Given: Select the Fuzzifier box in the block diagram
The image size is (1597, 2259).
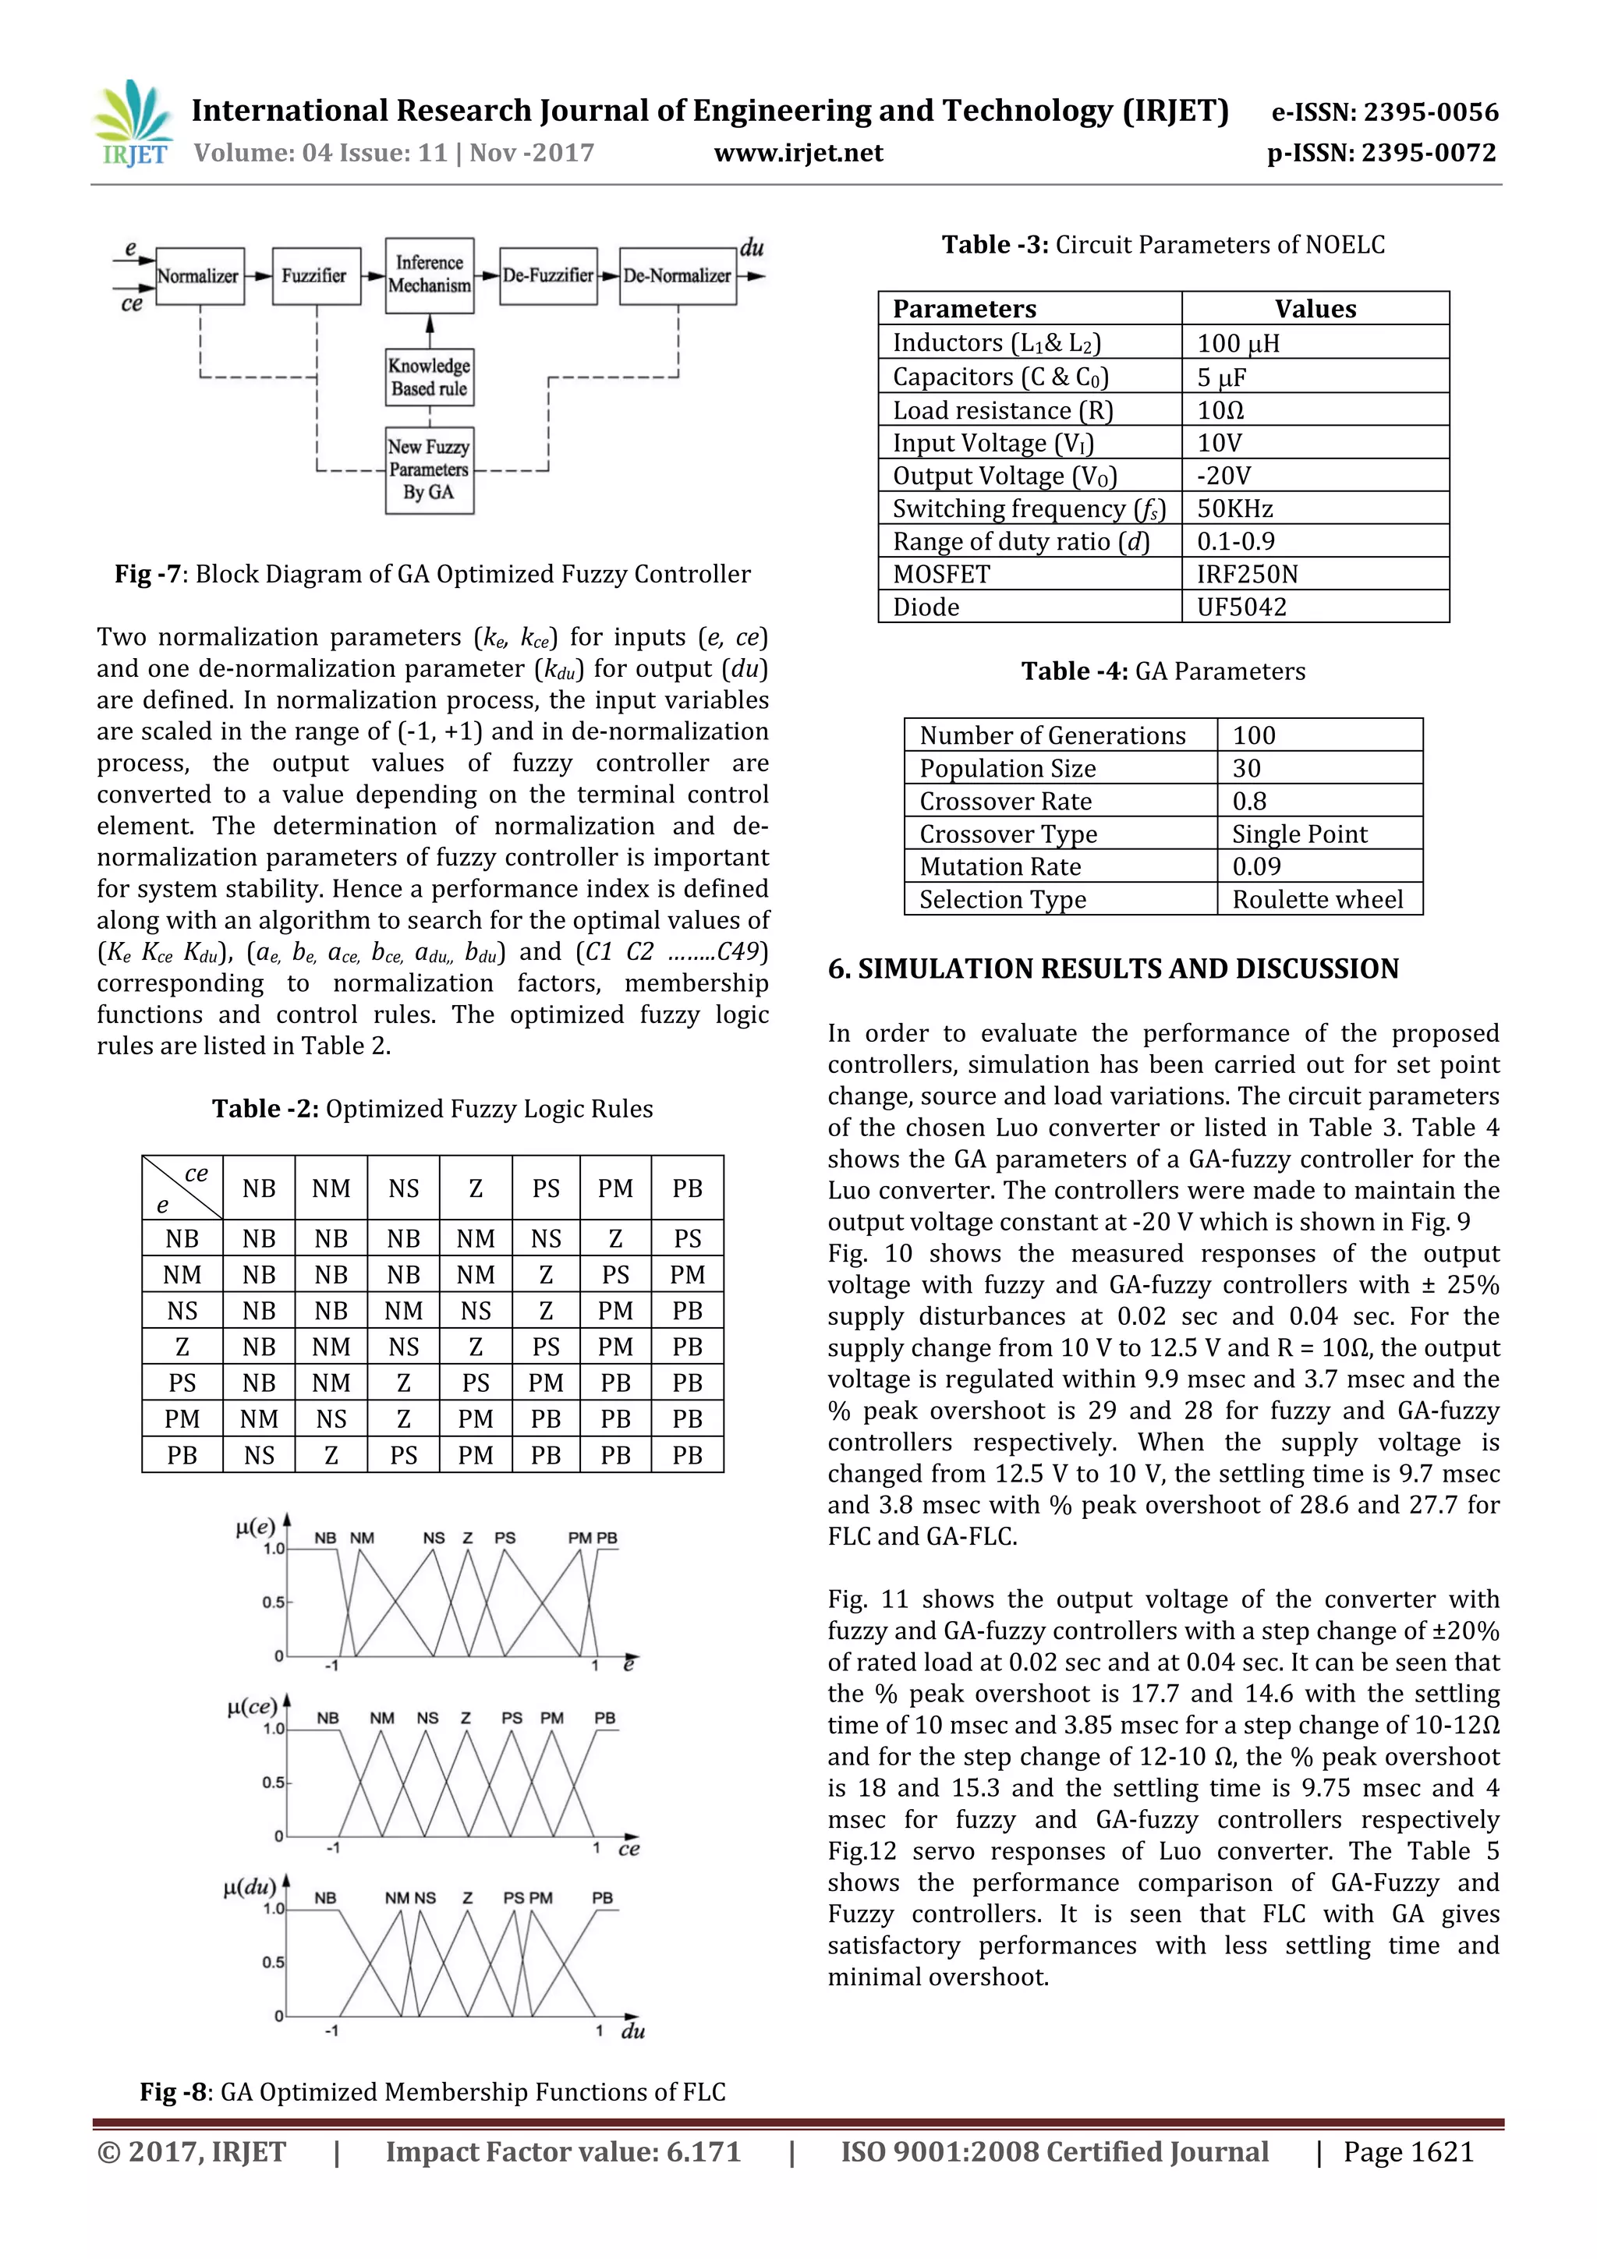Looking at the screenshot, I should (x=316, y=275).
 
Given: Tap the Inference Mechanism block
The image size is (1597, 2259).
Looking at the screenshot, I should (x=430, y=274).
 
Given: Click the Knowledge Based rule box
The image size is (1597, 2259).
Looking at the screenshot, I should (x=430, y=377).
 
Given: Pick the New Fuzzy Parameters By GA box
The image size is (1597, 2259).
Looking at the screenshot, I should (x=429, y=469).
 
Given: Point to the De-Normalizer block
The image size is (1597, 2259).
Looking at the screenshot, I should (x=677, y=275).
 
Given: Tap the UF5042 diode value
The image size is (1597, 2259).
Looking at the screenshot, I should (x=1241, y=607).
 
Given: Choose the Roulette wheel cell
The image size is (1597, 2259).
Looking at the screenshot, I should (x=1318, y=899).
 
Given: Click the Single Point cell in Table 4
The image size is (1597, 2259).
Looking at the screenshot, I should (x=1300, y=834).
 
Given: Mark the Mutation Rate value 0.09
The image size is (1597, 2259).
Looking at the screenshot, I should (x=1256, y=867).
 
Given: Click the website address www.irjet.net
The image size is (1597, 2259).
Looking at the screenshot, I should (x=798, y=154).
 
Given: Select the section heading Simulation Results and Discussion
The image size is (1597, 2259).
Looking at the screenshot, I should (x=1113, y=969).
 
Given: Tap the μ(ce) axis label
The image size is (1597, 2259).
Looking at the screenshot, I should (x=252, y=1706).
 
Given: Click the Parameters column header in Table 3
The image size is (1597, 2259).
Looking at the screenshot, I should (x=965, y=309).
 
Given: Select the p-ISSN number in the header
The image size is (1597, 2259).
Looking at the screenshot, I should (x=1380, y=154).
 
